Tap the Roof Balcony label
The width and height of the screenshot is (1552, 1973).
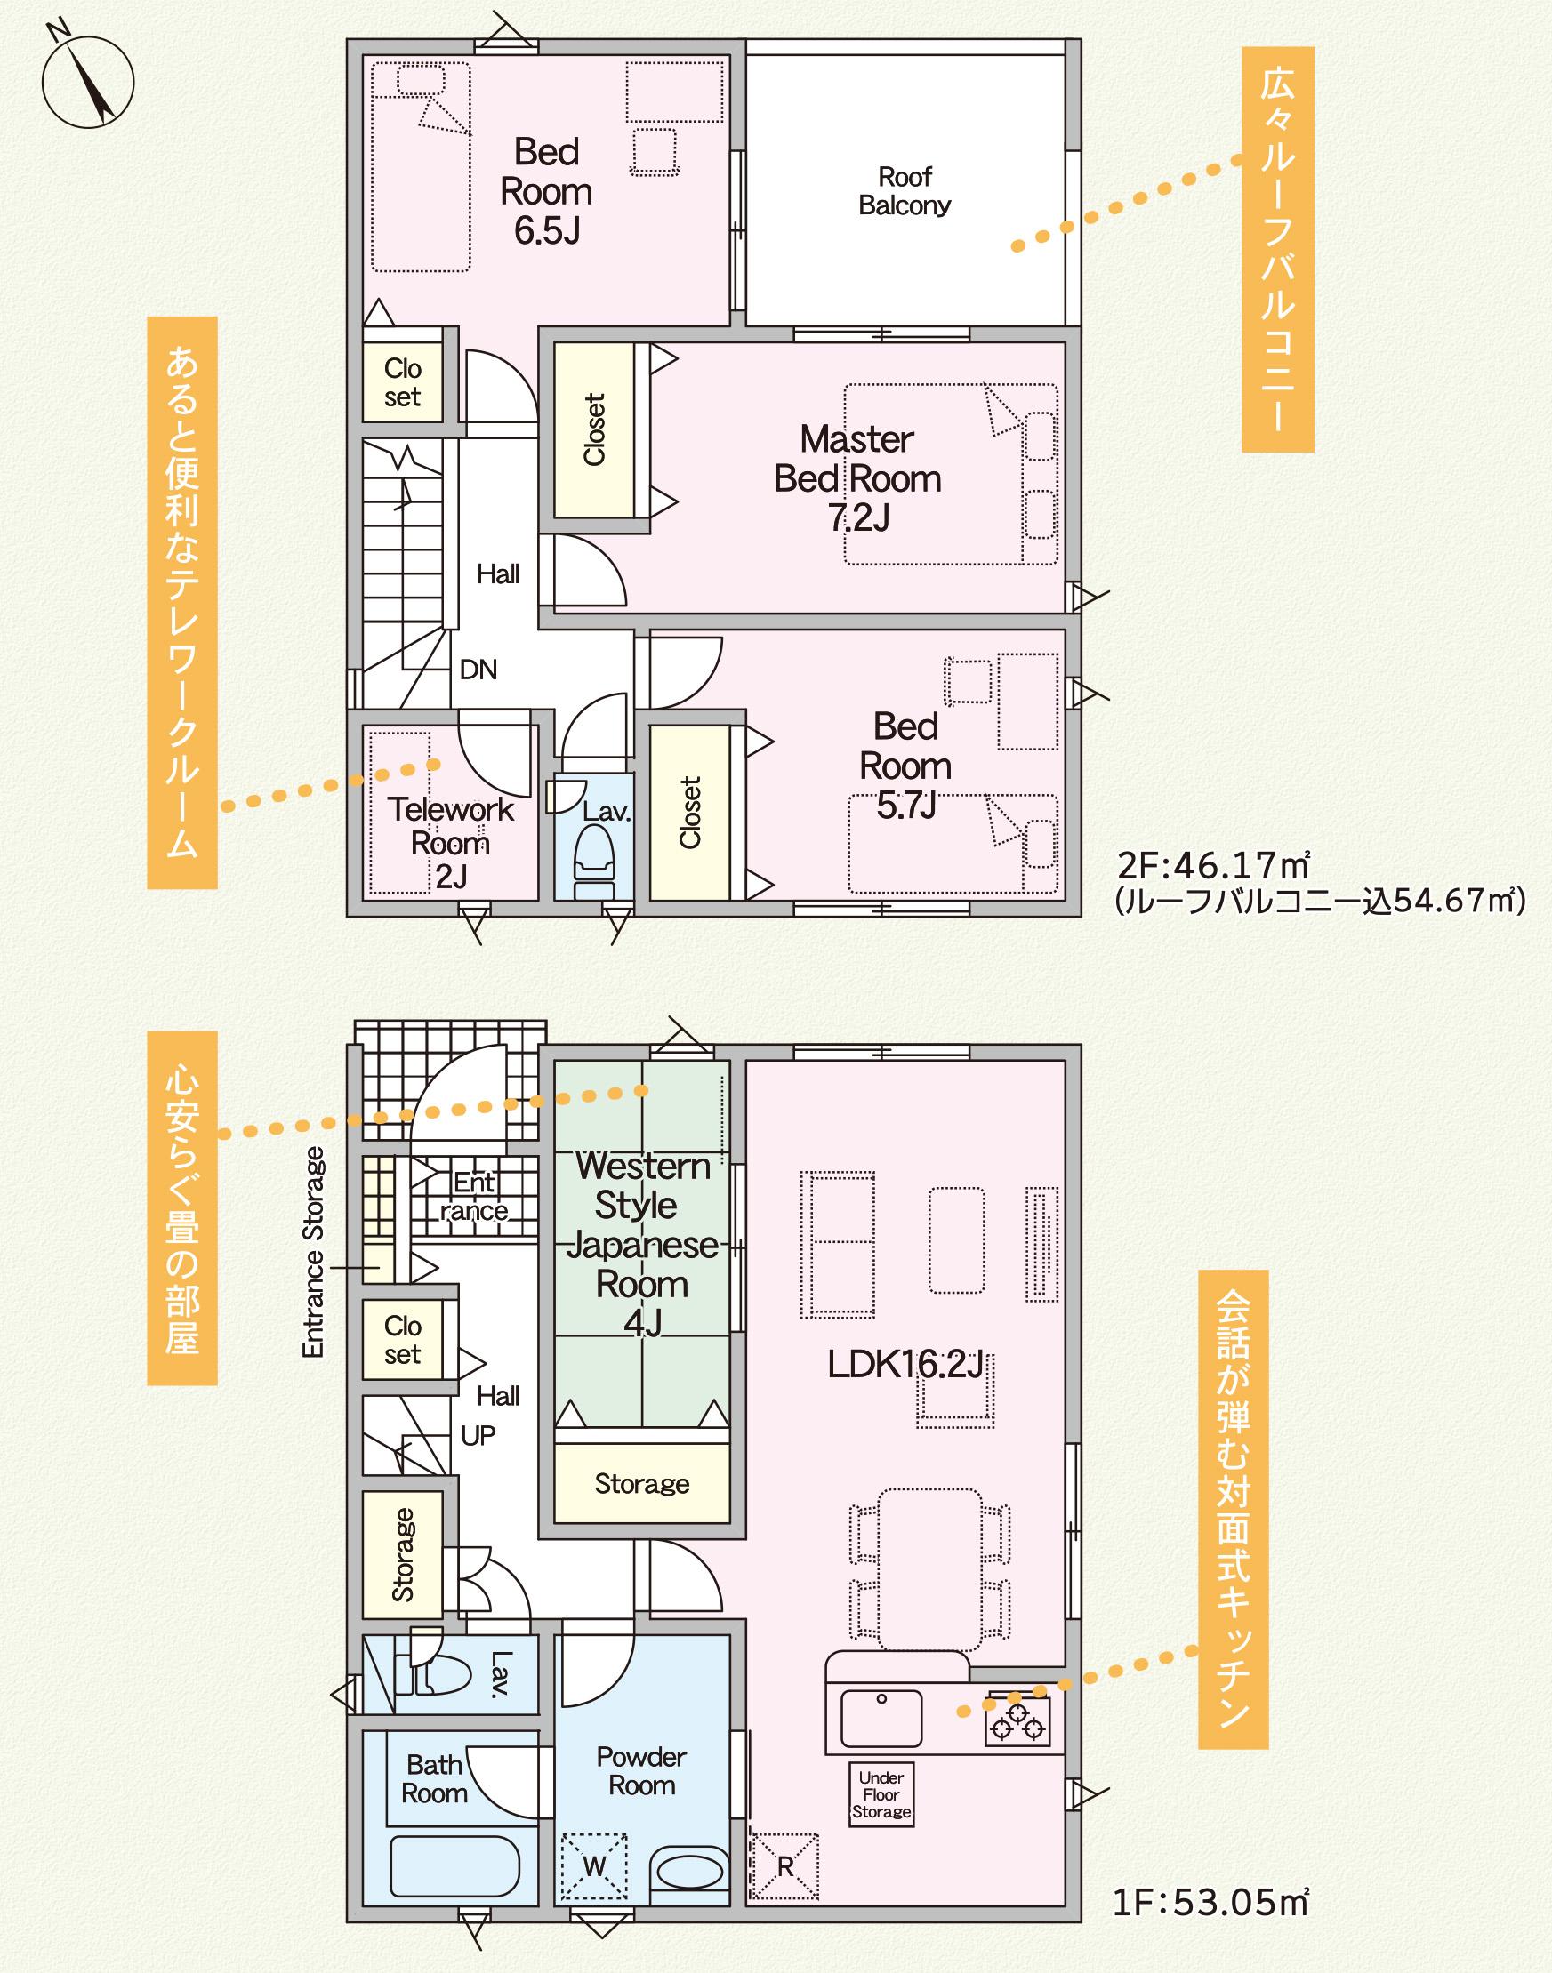point(905,191)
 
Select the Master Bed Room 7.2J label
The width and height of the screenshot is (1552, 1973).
point(856,478)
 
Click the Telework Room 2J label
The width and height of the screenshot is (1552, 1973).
point(451,842)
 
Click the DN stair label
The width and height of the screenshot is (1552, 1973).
point(478,670)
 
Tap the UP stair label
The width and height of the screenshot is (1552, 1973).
point(478,1435)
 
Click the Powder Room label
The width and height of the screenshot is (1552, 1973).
point(641,1771)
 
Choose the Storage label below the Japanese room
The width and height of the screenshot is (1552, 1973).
point(641,1484)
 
